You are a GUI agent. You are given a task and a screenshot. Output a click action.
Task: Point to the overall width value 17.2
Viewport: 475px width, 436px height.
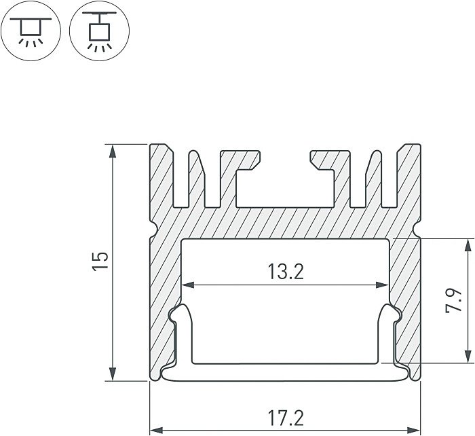pyautogui.click(x=285, y=415)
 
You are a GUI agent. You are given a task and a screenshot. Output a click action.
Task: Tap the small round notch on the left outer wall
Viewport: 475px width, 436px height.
pyautogui.click(x=152, y=229)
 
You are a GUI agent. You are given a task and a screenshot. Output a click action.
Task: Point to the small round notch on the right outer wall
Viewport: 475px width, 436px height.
pyautogui.click(x=418, y=229)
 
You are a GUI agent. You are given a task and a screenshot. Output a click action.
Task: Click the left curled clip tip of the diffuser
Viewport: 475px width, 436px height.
pyautogui.click(x=179, y=314)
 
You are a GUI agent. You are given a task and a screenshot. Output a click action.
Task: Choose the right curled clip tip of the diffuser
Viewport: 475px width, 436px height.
pyautogui.click(x=391, y=314)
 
